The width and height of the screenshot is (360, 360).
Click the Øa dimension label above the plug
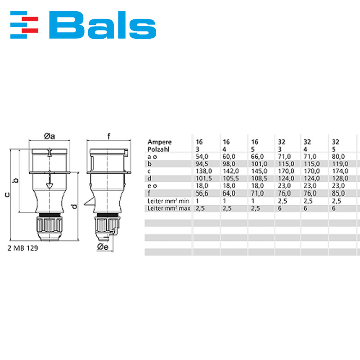(49, 136)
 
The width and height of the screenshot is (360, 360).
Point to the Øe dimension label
(102, 247)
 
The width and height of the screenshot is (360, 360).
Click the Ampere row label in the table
(159, 142)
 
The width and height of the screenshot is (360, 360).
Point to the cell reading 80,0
(338, 157)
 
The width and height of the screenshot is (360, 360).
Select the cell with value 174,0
(340, 171)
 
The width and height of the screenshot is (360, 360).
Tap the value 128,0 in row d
(340, 178)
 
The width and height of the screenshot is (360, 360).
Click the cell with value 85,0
(338, 193)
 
